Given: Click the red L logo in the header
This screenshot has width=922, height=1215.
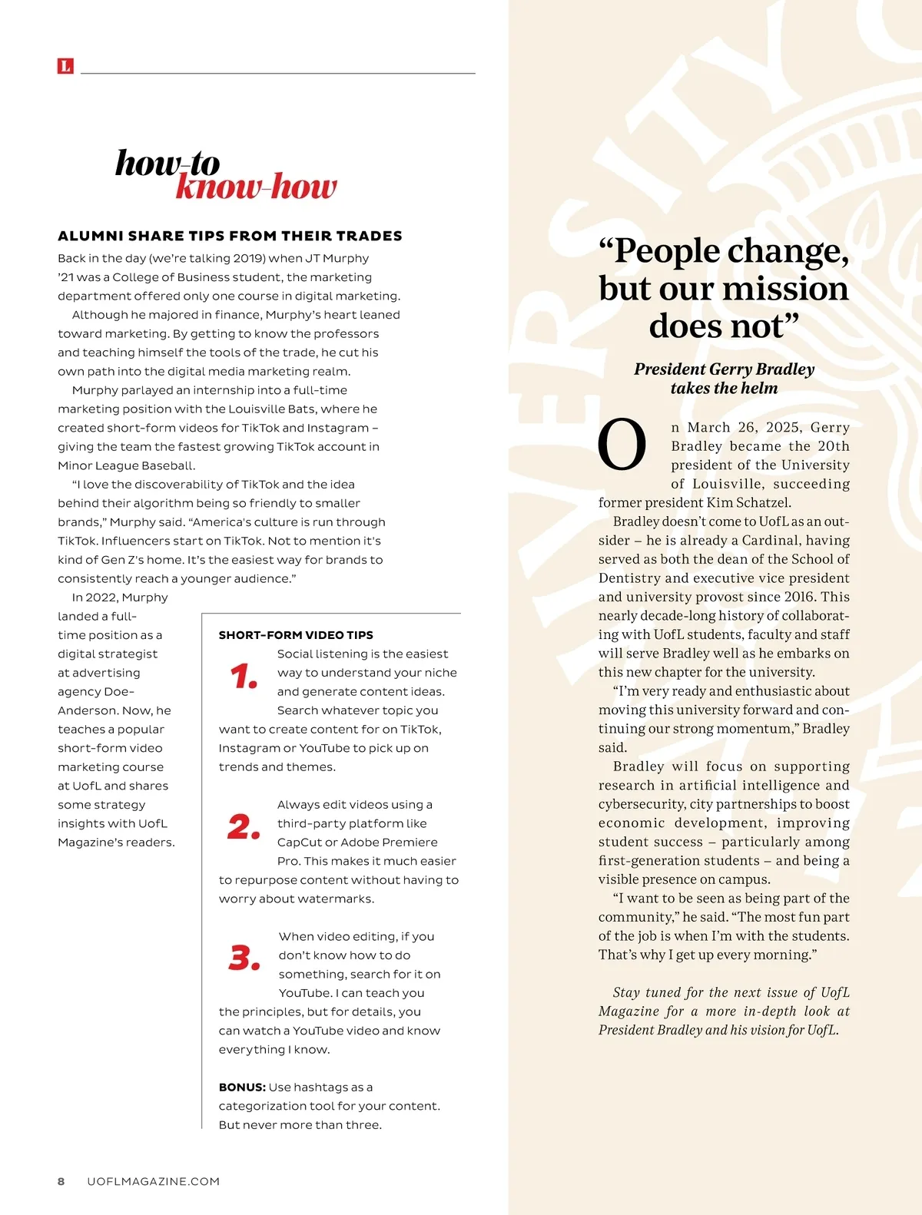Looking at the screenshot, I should pyautogui.click(x=65, y=66).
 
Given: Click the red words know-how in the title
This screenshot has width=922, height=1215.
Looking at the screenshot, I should pyautogui.click(x=256, y=187).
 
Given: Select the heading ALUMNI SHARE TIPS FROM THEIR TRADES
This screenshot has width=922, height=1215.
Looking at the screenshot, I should pyautogui.click(x=230, y=236).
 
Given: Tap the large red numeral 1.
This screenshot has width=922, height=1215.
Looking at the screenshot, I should pyautogui.click(x=244, y=677).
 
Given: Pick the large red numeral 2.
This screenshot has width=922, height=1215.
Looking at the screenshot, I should pyautogui.click(x=244, y=827).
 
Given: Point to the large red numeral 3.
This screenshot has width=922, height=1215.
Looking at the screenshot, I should pyautogui.click(x=244, y=958).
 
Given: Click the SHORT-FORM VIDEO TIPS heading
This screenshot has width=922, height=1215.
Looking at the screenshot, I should pyautogui.click(x=296, y=635).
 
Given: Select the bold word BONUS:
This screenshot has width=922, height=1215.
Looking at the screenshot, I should pyautogui.click(x=242, y=1088).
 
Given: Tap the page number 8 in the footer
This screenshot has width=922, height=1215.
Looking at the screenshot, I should pyautogui.click(x=61, y=1181).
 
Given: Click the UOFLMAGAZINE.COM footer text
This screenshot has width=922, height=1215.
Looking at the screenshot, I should pyautogui.click(x=154, y=1181).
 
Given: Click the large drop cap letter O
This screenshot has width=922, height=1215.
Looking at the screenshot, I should pyautogui.click(x=622, y=446).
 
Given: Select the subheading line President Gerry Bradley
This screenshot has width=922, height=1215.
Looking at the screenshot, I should pyautogui.click(x=724, y=369).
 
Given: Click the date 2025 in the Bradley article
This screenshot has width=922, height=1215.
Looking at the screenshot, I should pyautogui.click(x=782, y=428).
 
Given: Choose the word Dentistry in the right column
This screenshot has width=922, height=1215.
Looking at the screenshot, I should pyautogui.click(x=629, y=578).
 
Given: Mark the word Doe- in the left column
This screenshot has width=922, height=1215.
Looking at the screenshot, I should pyautogui.click(x=119, y=692).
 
